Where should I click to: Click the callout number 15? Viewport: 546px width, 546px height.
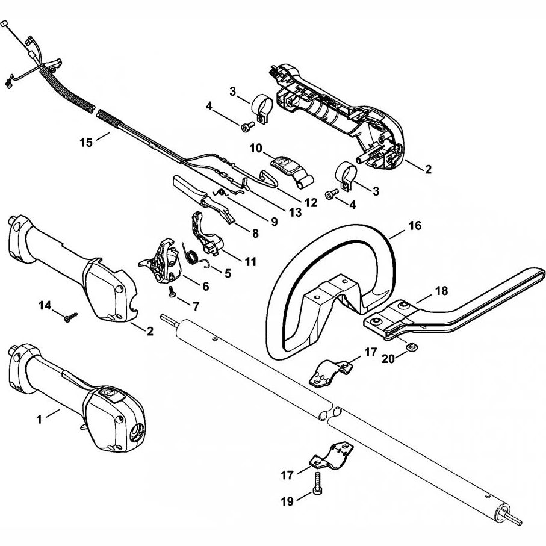click(x=87, y=142)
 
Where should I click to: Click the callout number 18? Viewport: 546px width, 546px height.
click(x=441, y=291)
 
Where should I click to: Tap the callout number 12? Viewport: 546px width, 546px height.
click(x=311, y=203)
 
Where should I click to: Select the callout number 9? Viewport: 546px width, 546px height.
click(x=274, y=222)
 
